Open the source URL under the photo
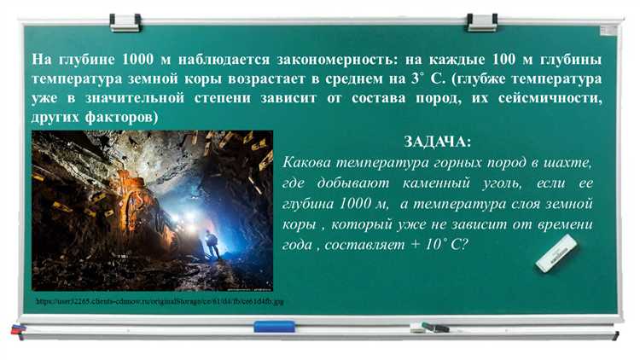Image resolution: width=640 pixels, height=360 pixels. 160,302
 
